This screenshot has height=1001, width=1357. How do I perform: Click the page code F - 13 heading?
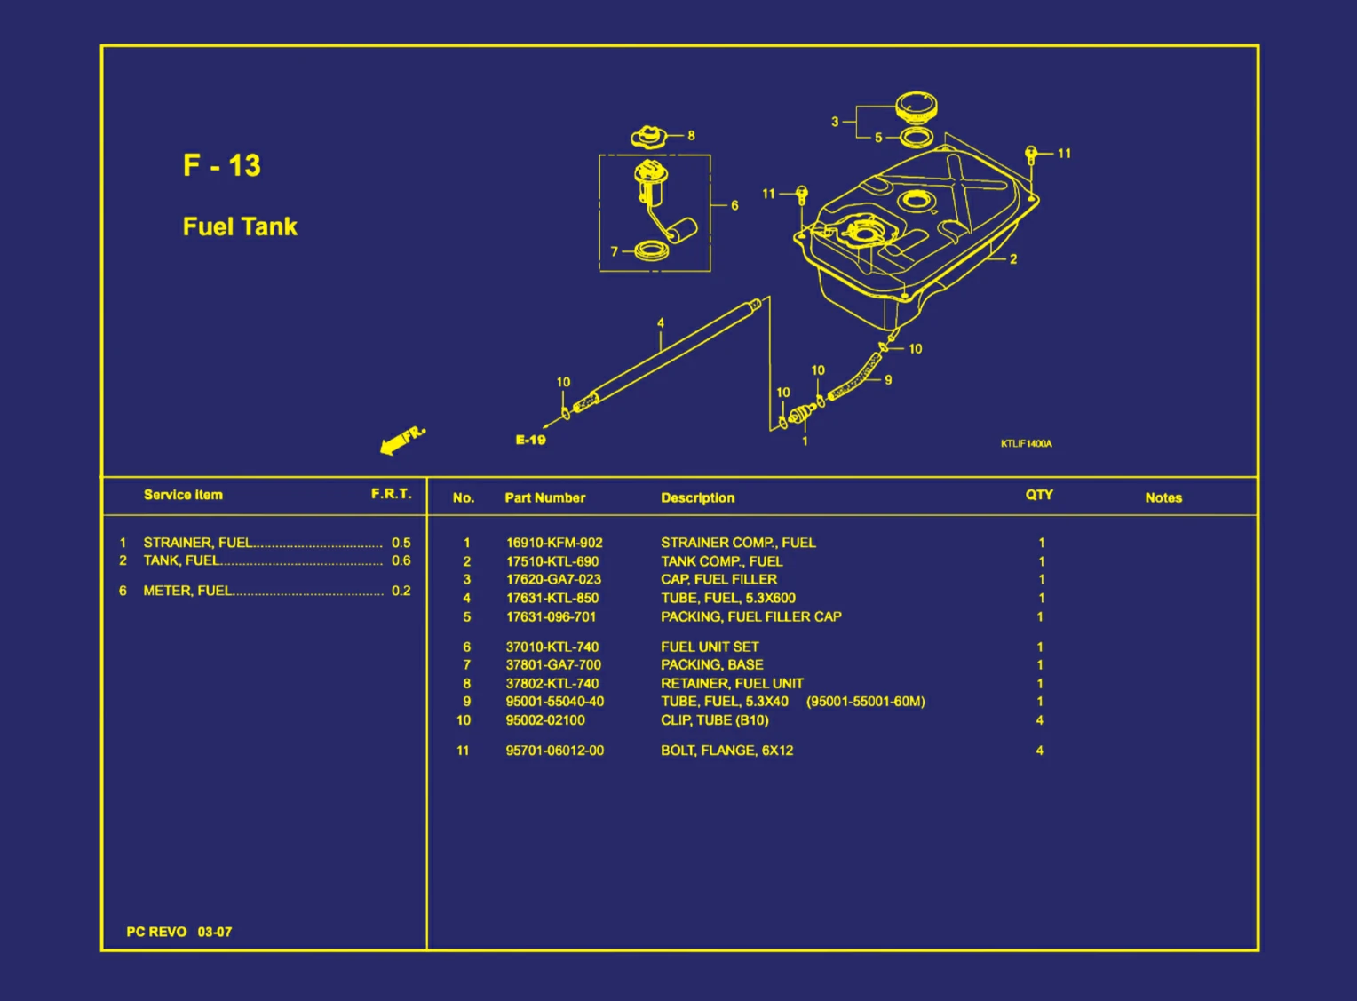(222, 165)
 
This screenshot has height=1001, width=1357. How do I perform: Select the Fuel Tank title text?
(240, 226)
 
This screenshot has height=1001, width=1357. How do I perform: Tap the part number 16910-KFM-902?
(554, 543)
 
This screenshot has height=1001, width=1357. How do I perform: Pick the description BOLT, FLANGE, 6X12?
(726, 751)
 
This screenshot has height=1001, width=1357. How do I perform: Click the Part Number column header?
(544, 497)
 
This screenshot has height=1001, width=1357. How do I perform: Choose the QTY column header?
(1039, 495)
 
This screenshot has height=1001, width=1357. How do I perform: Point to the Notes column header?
(1163, 497)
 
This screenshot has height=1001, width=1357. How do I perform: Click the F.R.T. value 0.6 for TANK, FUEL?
(401, 560)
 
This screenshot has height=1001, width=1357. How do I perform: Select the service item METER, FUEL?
(188, 591)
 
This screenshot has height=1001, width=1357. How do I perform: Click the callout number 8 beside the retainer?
(691, 136)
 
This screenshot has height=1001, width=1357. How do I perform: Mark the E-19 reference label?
(531, 440)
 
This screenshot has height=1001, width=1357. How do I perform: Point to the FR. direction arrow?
(401, 439)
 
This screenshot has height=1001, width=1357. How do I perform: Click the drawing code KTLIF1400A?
(1026, 443)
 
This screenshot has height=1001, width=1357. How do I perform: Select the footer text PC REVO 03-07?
(179, 932)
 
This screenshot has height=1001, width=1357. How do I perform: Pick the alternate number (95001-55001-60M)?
(865, 702)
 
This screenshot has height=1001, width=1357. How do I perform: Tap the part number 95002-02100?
(545, 720)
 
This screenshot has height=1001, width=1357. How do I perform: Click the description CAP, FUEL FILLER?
(718, 579)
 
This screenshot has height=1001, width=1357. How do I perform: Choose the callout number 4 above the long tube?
(660, 323)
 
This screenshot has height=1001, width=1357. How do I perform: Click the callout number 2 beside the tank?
(1013, 259)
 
